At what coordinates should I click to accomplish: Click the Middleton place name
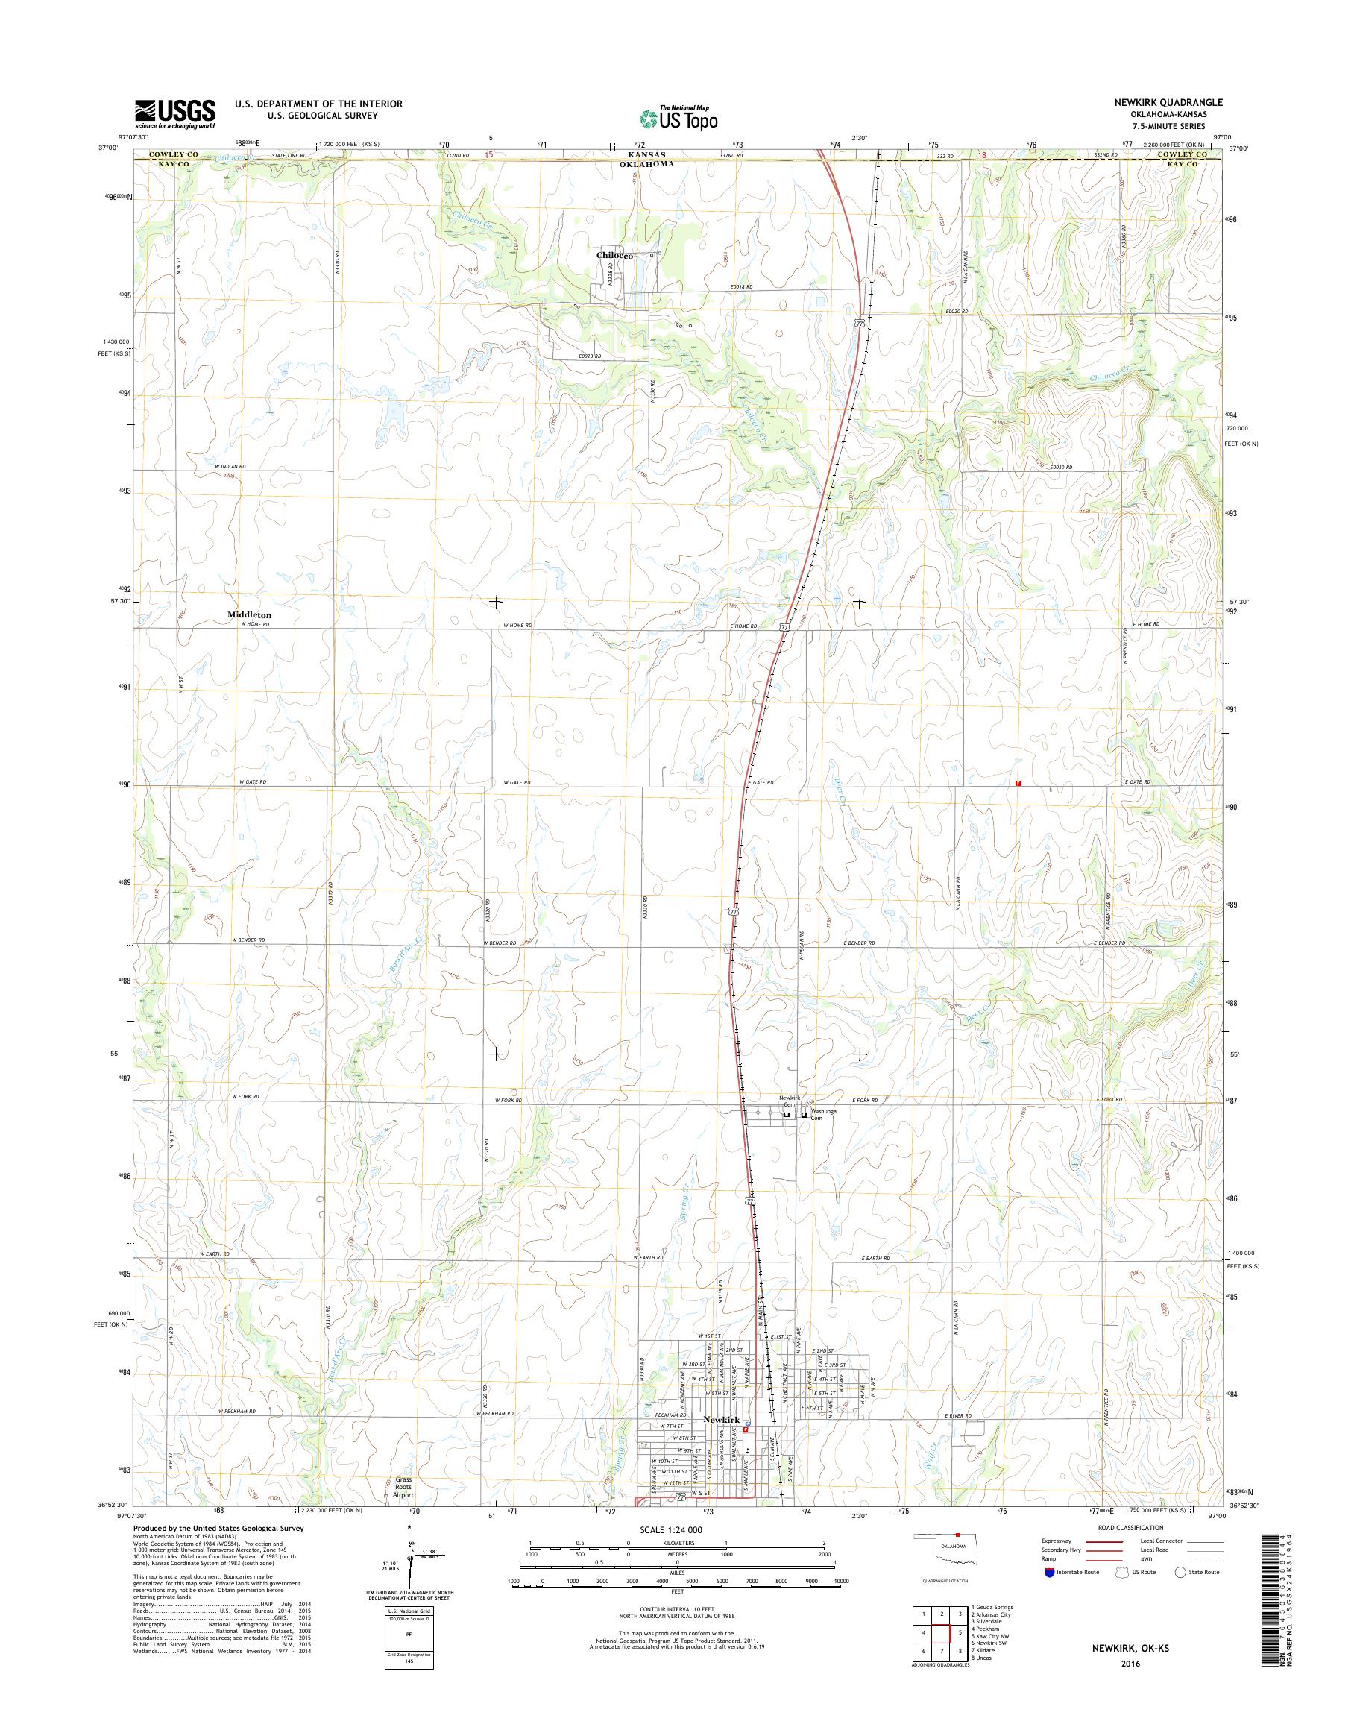[x=249, y=615]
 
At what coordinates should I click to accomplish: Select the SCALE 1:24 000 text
[x=669, y=1529]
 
